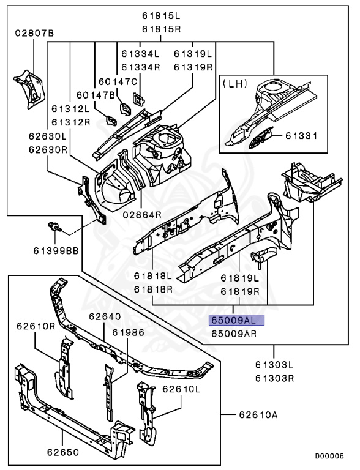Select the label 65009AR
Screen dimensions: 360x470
point(234,334)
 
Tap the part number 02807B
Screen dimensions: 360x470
point(34,33)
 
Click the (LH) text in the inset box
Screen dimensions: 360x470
point(234,84)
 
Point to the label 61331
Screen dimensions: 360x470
point(301,136)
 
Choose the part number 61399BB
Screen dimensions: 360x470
point(56,250)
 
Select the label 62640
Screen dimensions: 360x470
point(105,316)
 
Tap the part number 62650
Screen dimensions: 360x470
point(63,452)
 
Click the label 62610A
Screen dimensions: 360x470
point(258,415)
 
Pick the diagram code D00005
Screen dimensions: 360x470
point(329,456)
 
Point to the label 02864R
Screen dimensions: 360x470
point(142,215)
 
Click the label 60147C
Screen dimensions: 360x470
point(118,81)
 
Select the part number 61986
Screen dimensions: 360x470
point(129,332)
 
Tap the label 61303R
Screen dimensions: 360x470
point(274,378)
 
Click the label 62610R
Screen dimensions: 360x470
point(36,326)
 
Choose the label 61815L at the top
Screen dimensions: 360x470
point(162,16)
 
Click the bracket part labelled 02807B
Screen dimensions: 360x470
point(29,89)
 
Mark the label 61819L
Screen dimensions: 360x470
point(240,278)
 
